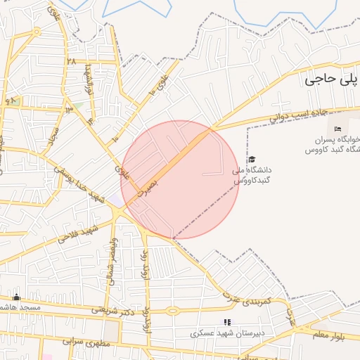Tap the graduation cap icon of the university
click(252, 160)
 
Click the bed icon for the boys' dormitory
click(337, 129)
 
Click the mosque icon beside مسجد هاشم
click(16, 297)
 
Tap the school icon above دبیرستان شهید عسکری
click(226, 322)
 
